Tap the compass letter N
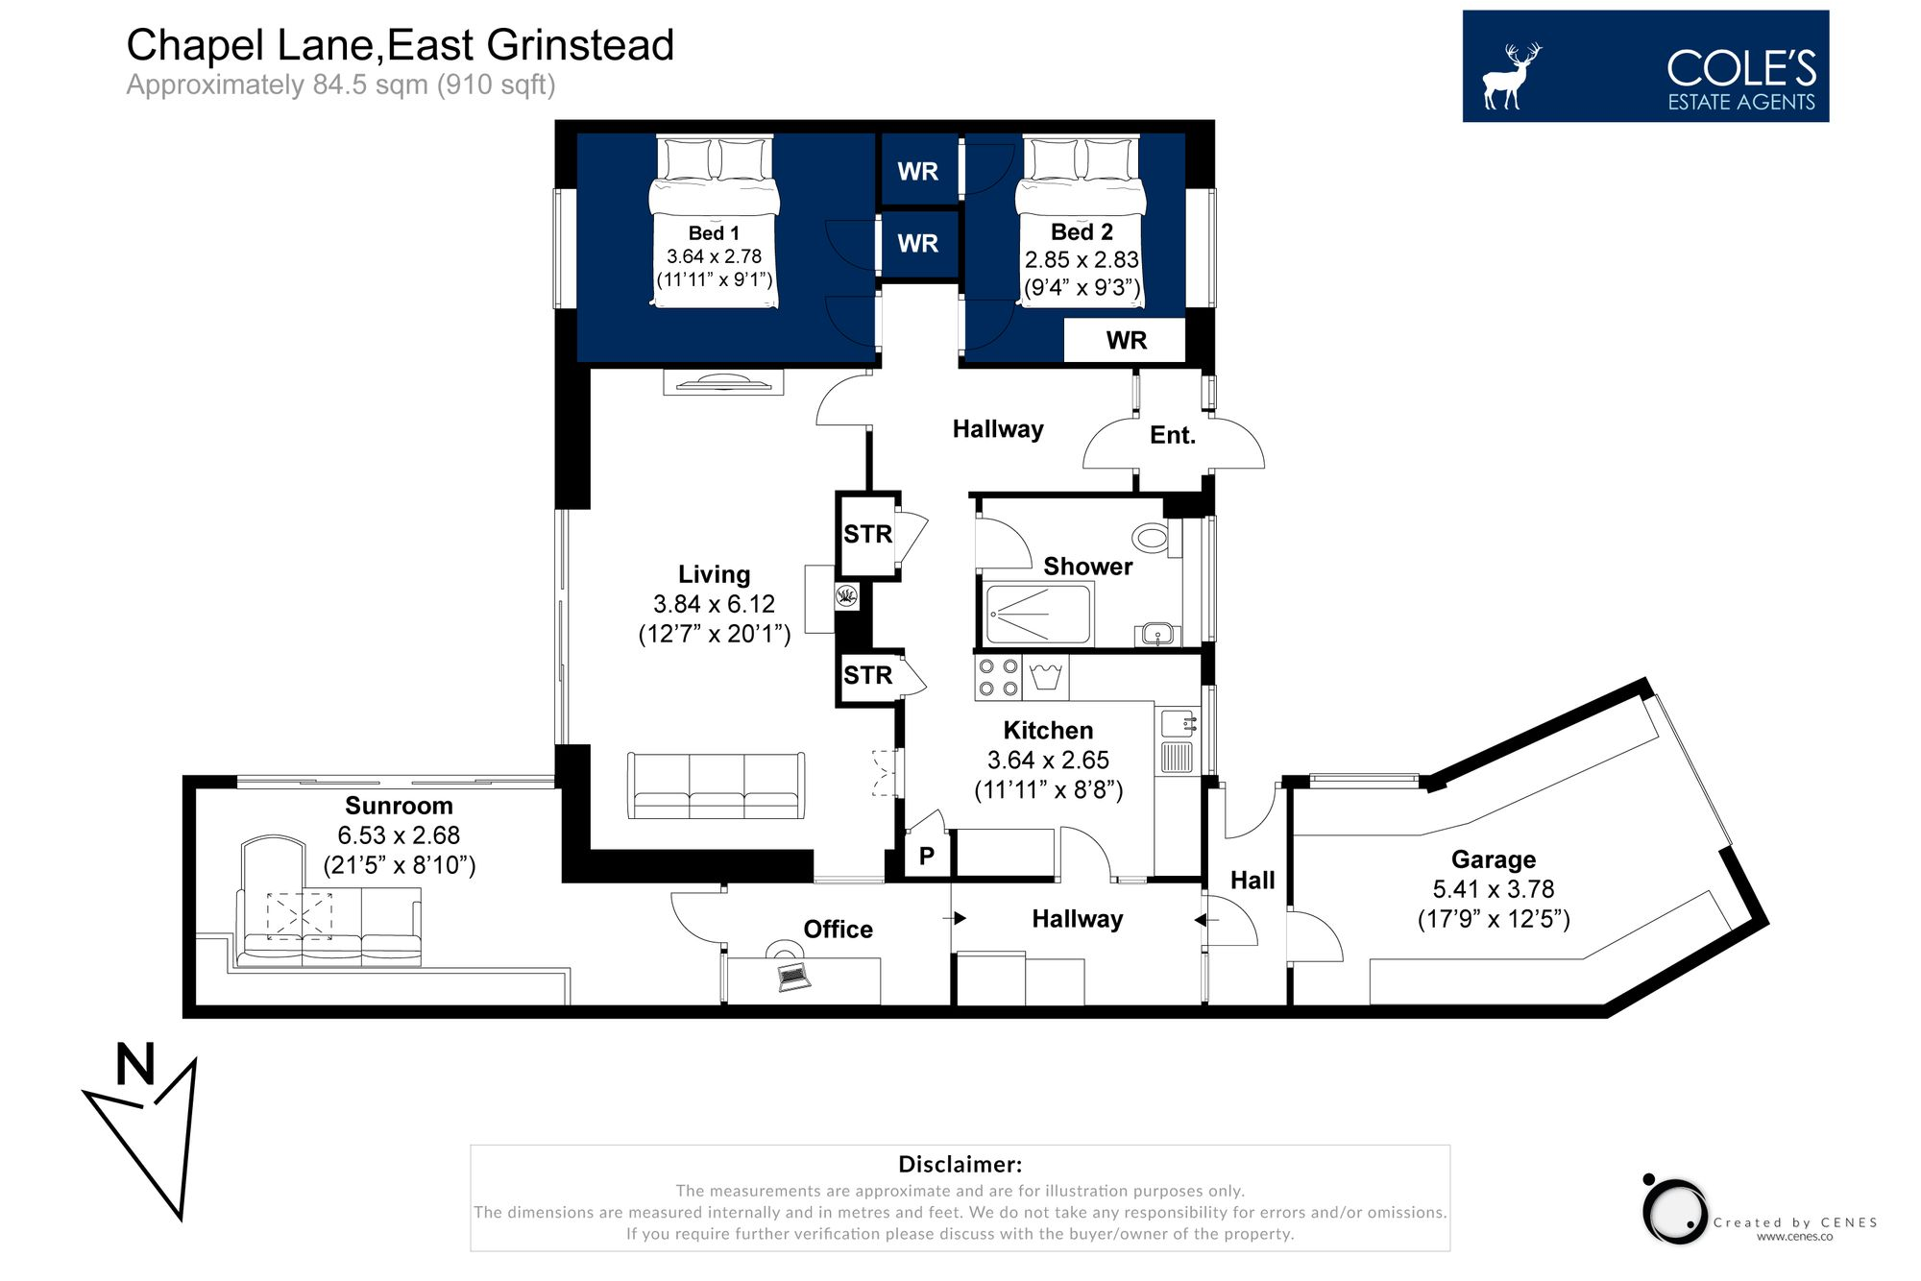coord(135,1064)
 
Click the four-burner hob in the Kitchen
coord(999,677)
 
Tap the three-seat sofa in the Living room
coord(717,786)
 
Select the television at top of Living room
coord(723,383)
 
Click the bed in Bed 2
coord(1082,221)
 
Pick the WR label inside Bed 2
coord(1126,341)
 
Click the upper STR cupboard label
coord(867,535)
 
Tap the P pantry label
coord(927,856)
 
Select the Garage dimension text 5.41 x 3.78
coord(1494,889)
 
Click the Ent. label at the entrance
coord(1172,436)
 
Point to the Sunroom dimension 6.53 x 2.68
coord(399,835)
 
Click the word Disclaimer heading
coord(960,1165)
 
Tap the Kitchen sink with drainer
coord(1178,740)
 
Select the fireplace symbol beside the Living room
coord(846,596)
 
